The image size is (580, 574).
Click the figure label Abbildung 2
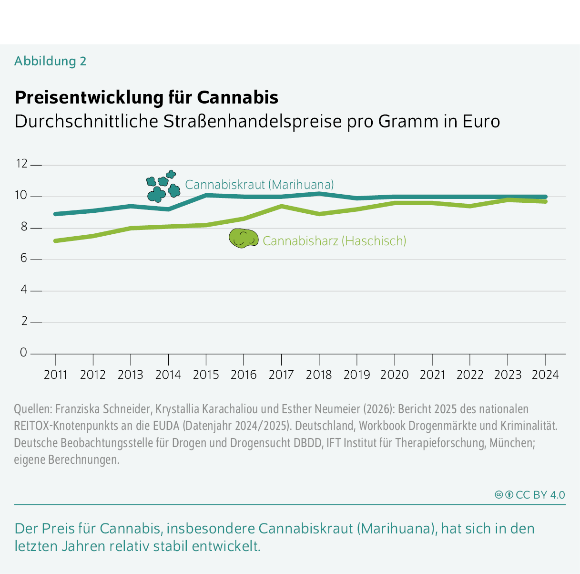click(x=50, y=61)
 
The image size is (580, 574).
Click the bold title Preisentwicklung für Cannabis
click(x=146, y=97)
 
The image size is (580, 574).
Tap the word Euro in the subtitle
click(x=481, y=122)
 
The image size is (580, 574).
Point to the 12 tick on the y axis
click(x=22, y=164)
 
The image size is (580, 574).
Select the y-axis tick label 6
click(x=24, y=259)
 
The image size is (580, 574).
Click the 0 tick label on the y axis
click(x=24, y=353)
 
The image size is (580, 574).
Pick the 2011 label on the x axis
click(x=55, y=375)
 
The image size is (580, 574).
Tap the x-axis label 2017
click(x=281, y=375)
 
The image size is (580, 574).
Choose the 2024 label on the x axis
click(x=545, y=375)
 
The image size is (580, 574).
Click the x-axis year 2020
click(x=394, y=375)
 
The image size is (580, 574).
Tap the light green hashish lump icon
click(x=244, y=239)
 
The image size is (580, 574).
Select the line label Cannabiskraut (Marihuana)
click(x=259, y=185)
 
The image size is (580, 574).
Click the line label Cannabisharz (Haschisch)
click(x=334, y=241)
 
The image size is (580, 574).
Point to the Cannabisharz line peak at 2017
click(x=282, y=206)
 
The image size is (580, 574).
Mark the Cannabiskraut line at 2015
click(x=206, y=195)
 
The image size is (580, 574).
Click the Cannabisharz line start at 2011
click(x=55, y=241)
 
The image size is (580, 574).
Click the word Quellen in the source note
click(x=32, y=409)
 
